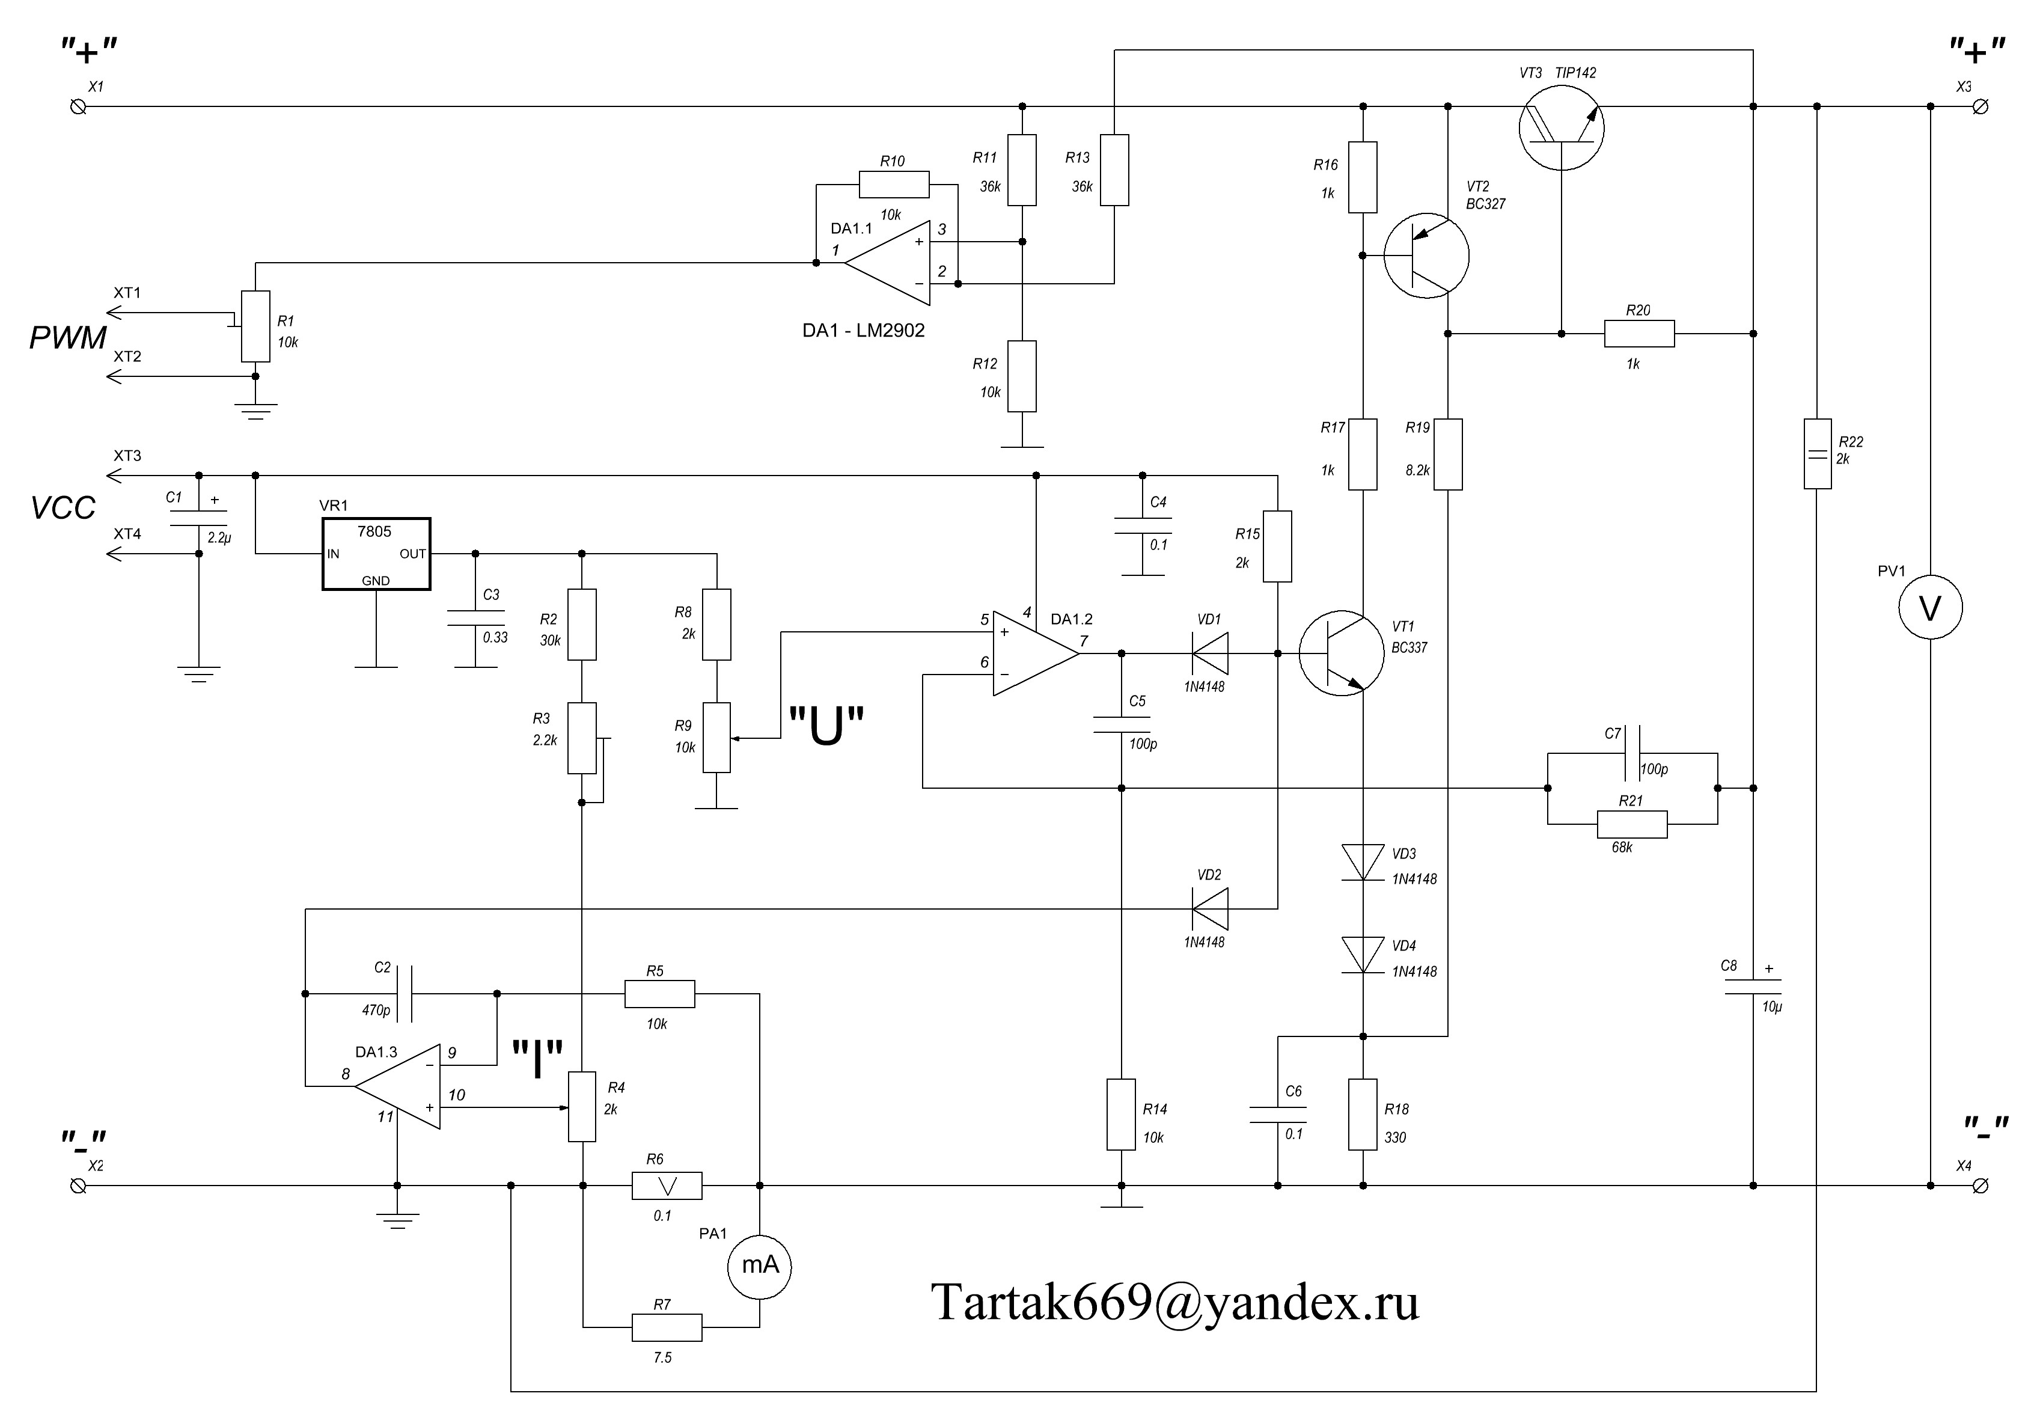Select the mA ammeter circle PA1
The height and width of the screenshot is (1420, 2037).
tap(759, 1265)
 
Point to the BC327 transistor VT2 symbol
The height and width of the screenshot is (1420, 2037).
tap(1426, 256)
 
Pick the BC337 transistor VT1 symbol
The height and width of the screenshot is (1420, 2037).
tap(1342, 653)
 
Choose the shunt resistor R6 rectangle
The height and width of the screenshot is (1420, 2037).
tap(667, 1186)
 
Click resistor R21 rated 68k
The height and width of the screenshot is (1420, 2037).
tap(1631, 824)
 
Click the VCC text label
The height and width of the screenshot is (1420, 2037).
tap(63, 507)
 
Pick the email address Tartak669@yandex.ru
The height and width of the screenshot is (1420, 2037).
tap(1174, 1303)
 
